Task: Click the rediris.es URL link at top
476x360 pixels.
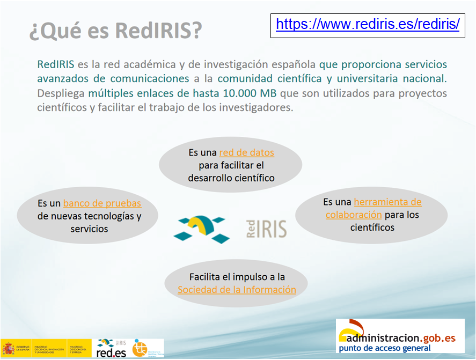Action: [368, 24]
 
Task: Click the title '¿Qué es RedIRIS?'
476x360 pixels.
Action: [115, 31]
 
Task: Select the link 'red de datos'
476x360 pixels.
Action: [246, 152]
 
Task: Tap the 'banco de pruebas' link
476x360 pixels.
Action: [102, 203]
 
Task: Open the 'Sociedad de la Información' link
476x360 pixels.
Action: [237, 290]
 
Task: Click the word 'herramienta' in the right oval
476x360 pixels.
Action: [387, 202]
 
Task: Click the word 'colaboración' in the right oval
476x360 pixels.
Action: [354, 215]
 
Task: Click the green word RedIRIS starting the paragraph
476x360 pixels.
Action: [55, 64]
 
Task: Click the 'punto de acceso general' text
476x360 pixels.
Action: [384, 348]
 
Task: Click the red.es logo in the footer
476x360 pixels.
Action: [112, 348]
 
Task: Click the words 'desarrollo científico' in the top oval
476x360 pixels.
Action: [231, 178]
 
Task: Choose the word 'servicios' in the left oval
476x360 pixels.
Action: [89, 229]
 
